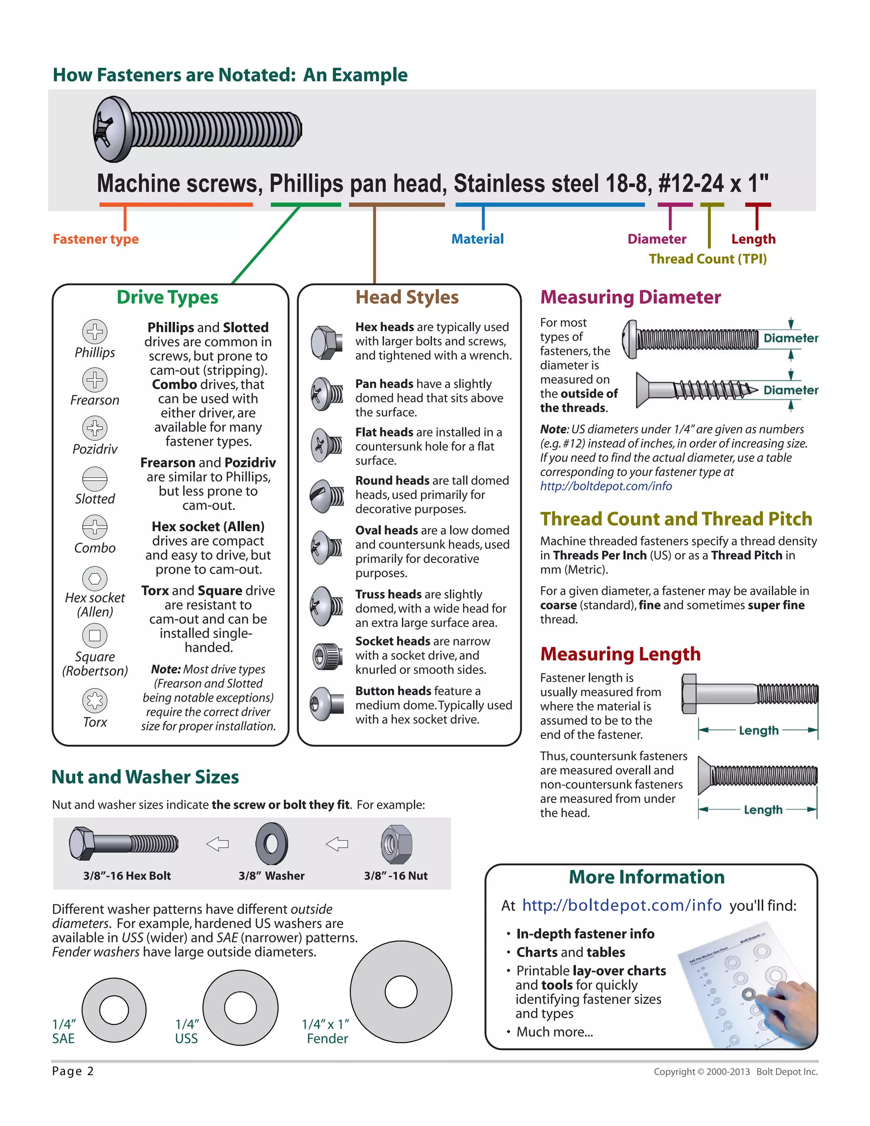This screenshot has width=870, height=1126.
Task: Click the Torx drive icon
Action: coord(95,700)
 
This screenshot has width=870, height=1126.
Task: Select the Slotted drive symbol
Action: coord(95,479)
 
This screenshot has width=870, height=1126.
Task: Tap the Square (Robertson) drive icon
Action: coord(95,635)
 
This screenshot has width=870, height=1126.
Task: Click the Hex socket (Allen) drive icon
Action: coord(95,578)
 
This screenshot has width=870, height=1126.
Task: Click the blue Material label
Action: coord(477,239)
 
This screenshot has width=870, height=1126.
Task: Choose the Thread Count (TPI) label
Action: coord(707,259)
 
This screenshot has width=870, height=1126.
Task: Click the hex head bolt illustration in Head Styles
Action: coord(327,342)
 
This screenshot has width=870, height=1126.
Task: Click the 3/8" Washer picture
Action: coord(271,844)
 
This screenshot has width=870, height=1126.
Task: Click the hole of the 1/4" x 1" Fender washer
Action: coord(401,991)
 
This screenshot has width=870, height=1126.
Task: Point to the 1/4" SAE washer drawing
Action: coord(114,1010)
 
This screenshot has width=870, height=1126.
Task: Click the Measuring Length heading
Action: coord(620,654)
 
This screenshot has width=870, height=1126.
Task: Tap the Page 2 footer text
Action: coord(73,1071)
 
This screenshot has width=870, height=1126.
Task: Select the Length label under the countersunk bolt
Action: coord(763,809)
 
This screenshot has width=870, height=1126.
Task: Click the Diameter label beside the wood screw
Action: coord(791,390)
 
